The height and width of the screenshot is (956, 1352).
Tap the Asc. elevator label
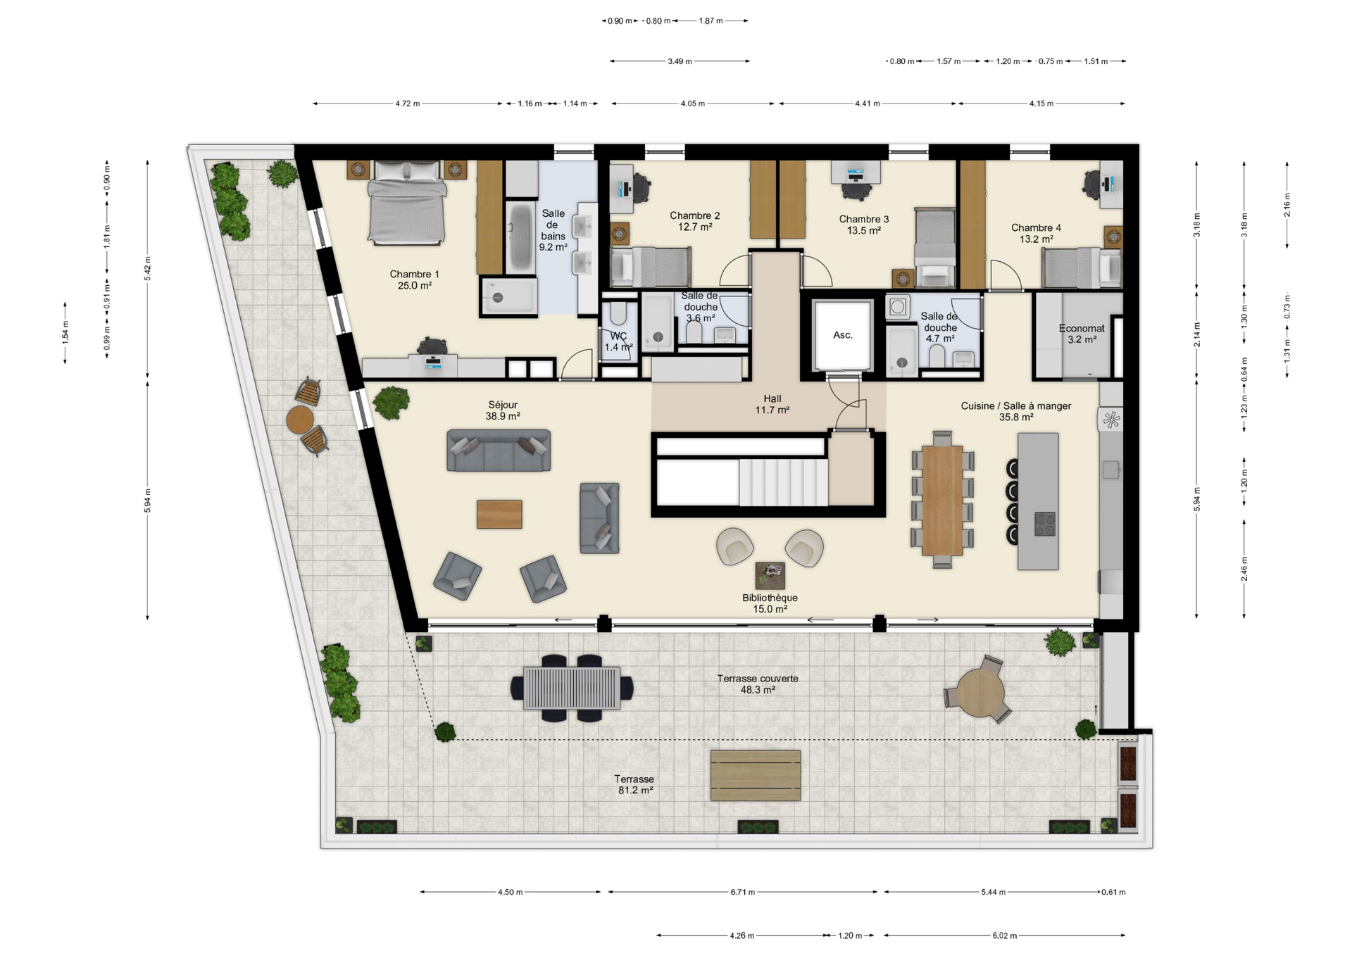tap(843, 335)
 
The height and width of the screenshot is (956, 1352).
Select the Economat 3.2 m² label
tap(1082, 334)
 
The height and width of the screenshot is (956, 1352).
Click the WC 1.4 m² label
tap(618, 341)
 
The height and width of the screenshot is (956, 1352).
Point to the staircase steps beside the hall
tap(784, 482)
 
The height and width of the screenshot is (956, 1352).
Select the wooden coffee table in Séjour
tap(499, 514)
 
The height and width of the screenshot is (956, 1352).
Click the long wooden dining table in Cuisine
tap(942, 501)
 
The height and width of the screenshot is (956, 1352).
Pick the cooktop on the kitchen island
tap(1045, 523)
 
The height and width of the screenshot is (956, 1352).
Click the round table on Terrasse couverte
tap(980, 693)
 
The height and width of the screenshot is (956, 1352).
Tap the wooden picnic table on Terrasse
tap(756, 775)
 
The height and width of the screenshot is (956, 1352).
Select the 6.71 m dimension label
tap(742, 892)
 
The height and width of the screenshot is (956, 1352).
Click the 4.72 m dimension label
tap(407, 103)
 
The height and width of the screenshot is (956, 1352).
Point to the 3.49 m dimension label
tap(680, 61)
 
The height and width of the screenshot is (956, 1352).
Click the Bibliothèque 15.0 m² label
tap(770, 603)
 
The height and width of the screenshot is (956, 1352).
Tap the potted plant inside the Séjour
tap(391, 403)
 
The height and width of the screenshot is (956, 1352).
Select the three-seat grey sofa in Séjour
tap(499, 451)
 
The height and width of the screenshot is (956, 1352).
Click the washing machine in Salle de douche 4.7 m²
tap(897, 307)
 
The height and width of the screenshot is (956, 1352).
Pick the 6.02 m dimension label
tap(1005, 936)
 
